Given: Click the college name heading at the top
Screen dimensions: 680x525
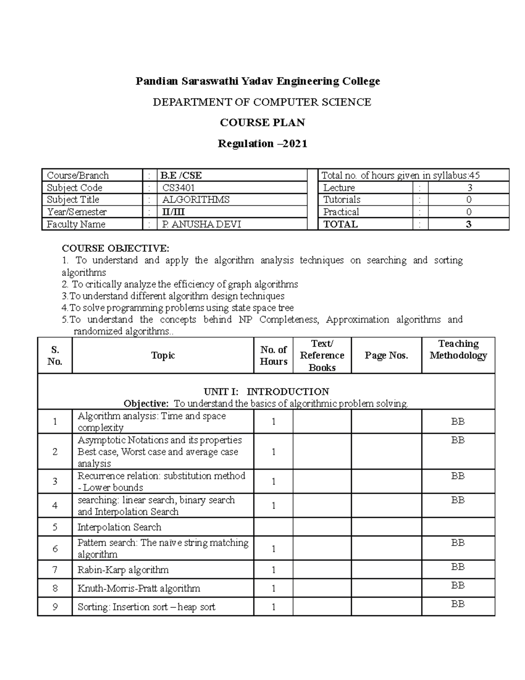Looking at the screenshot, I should tap(258, 81).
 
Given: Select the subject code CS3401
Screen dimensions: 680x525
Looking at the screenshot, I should tap(178, 188).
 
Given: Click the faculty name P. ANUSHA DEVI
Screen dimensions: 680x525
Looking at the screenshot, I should tap(201, 224).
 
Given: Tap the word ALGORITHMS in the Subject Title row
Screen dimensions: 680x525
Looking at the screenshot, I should tap(196, 200).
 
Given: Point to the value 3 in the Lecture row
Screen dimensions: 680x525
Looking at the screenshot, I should tap(469, 188).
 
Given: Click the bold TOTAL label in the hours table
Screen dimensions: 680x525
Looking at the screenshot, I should tap(340, 224).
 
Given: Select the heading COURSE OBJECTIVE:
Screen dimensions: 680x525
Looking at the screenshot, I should tap(115, 248).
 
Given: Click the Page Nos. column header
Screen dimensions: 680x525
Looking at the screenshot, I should tap(386, 356).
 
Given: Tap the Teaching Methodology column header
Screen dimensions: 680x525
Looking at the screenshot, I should tap(458, 349).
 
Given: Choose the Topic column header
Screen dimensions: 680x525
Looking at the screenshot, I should tap(163, 356).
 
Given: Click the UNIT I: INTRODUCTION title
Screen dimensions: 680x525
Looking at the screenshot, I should tap(266, 391).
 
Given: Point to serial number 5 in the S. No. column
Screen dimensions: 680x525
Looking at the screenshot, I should tap(55, 527).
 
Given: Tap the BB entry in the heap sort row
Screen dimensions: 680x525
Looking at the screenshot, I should tap(458, 604).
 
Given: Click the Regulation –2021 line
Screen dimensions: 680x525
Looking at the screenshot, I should tap(262, 144).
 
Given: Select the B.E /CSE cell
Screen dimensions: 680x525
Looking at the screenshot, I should tap(181, 176).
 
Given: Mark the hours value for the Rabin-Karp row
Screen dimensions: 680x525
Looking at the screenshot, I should tap(273, 570).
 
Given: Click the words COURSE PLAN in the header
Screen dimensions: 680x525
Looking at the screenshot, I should tap(262, 123).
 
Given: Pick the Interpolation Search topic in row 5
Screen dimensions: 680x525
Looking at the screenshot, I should tap(119, 527).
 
